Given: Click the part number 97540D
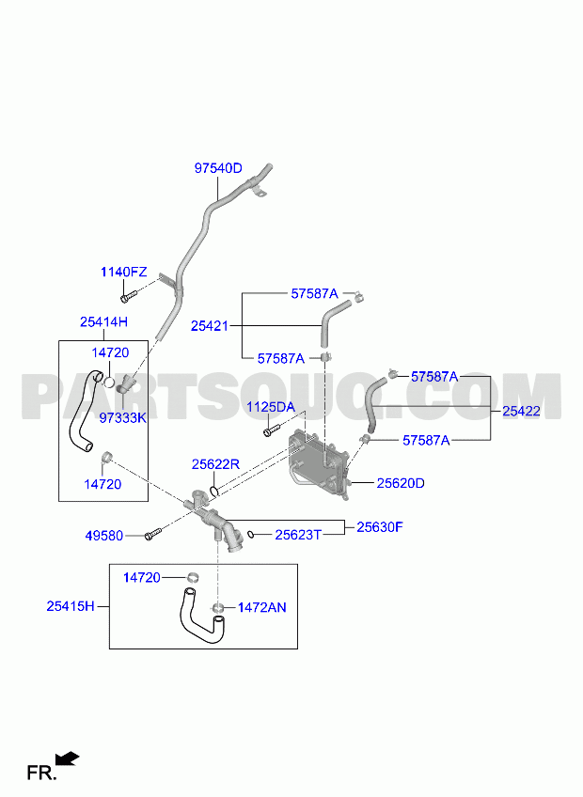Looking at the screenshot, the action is [x=218, y=168].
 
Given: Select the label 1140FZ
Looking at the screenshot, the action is [x=123, y=272].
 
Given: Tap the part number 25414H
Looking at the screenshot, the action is [x=103, y=321].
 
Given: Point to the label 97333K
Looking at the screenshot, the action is [x=122, y=418].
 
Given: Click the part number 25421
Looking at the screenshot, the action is [x=210, y=326].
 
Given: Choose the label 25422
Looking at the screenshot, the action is [x=522, y=412].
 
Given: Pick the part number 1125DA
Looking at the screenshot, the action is [x=271, y=407].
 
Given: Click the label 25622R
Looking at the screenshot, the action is [x=215, y=464].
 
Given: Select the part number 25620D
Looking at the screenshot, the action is [x=401, y=483].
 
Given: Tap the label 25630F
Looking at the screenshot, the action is [x=380, y=527].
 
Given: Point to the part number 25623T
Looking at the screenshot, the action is [x=299, y=535].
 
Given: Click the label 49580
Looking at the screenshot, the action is [x=103, y=536].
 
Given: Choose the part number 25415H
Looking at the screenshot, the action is [x=71, y=606].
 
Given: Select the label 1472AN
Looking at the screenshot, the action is [x=262, y=607].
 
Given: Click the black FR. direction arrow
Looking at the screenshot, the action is [x=67, y=758].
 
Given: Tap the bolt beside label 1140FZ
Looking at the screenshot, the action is [x=129, y=295].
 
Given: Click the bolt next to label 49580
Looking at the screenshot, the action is [x=152, y=534].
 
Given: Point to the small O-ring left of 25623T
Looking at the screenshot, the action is [x=251, y=534].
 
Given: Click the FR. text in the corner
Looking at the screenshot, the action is [x=41, y=774].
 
